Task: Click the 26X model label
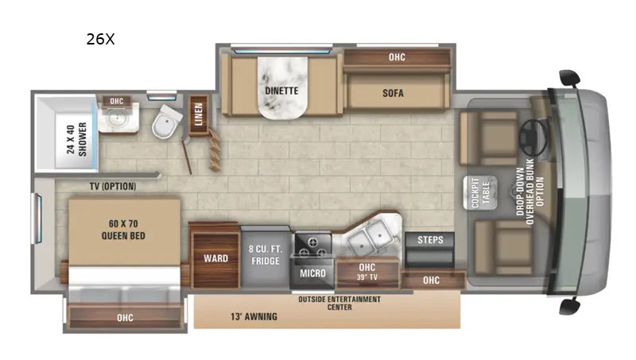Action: (101, 39)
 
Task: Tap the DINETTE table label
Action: (281, 91)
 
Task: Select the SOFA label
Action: (393, 93)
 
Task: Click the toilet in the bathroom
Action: (167, 122)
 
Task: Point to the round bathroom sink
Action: (116, 118)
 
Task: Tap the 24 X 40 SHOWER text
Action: (76, 139)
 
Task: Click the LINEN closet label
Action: (199, 114)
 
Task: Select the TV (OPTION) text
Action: (113, 187)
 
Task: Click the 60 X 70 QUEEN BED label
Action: (123, 230)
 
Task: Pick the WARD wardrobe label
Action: (215, 258)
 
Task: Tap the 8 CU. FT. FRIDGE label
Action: (266, 255)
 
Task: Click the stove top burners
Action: (312, 246)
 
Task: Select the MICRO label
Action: (312, 273)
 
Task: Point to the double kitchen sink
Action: (370, 237)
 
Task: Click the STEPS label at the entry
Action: (430, 240)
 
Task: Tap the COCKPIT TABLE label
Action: (481, 192)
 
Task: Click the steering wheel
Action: (533, 137)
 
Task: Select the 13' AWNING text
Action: (254, 316)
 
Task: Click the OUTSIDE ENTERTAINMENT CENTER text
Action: (339, 304)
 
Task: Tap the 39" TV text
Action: (367, 277)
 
